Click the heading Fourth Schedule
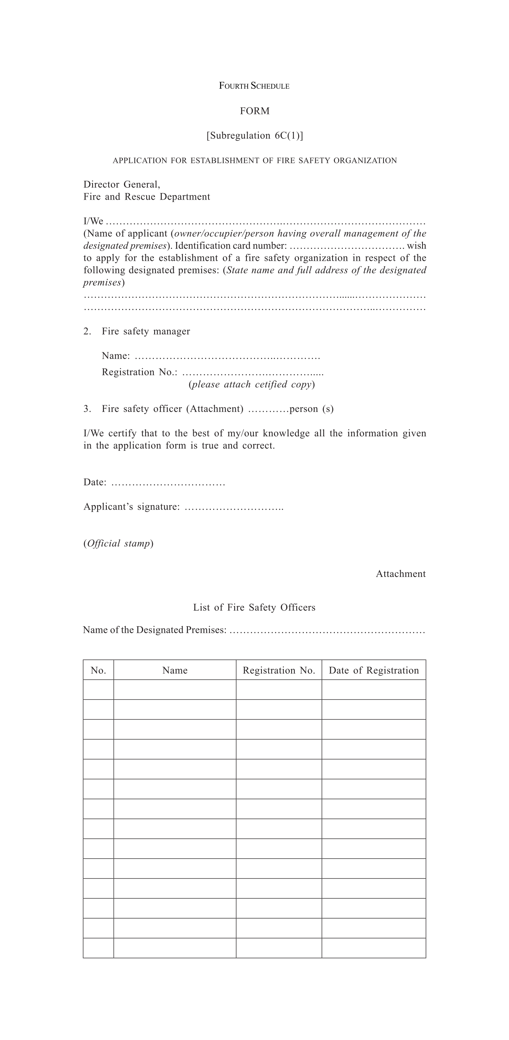254,86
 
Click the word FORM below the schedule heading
254,111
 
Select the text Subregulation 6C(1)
254,136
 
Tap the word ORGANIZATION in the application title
365,161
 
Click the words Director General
122,185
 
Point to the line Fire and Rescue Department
147,197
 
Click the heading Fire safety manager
145,331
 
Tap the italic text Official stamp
118,543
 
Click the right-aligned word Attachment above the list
400,574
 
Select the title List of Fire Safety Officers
254,608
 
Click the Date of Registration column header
374,671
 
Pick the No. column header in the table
98,671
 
